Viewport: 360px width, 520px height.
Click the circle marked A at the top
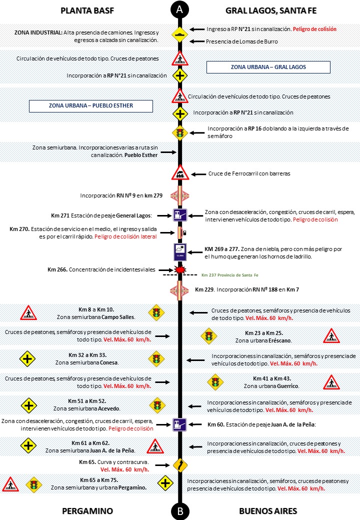(x=179, y=9)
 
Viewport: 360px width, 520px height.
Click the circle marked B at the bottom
(x=179, y=511)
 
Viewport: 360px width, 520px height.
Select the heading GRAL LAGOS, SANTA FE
(x=271, y=10)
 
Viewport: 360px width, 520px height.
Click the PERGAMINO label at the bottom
(x=87, y=511)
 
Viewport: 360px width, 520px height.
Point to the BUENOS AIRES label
(x=268, y=511)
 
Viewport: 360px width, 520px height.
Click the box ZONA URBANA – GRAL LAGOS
(x=268, y=67)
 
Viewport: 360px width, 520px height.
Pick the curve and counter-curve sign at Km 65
(x=179, y=465)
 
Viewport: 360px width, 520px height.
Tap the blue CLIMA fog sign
(x=179, y=251)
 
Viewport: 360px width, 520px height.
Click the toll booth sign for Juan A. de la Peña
(x=179, y=425)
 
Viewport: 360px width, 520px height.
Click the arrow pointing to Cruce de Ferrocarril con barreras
(x=199, y=174)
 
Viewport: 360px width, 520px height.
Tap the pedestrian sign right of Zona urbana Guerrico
(x=330, y=382)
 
